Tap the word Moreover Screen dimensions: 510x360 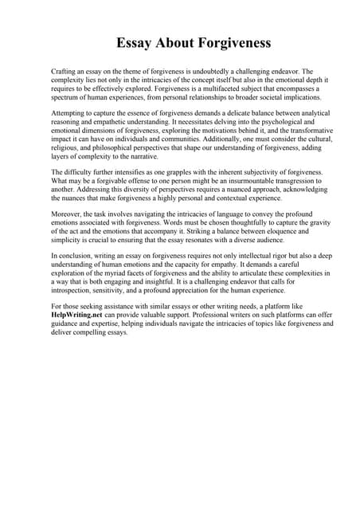(x=68, y=214)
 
